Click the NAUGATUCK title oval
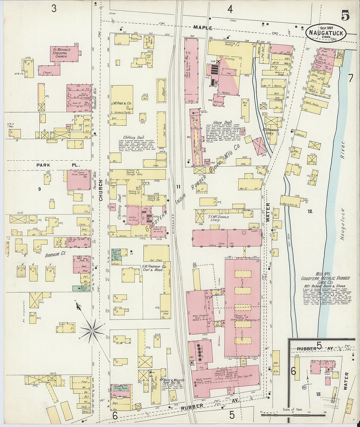click(x=326, y=32)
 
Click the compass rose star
click(x=92, y=331)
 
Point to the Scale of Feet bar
click(x=293, y=414)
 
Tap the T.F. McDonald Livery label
click(x=218, y=218)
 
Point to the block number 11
click(x=178, y=187)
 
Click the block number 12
click(x=310, y=211)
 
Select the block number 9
click(x=39, y=189)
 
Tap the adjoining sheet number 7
click(x=350, y=78)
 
